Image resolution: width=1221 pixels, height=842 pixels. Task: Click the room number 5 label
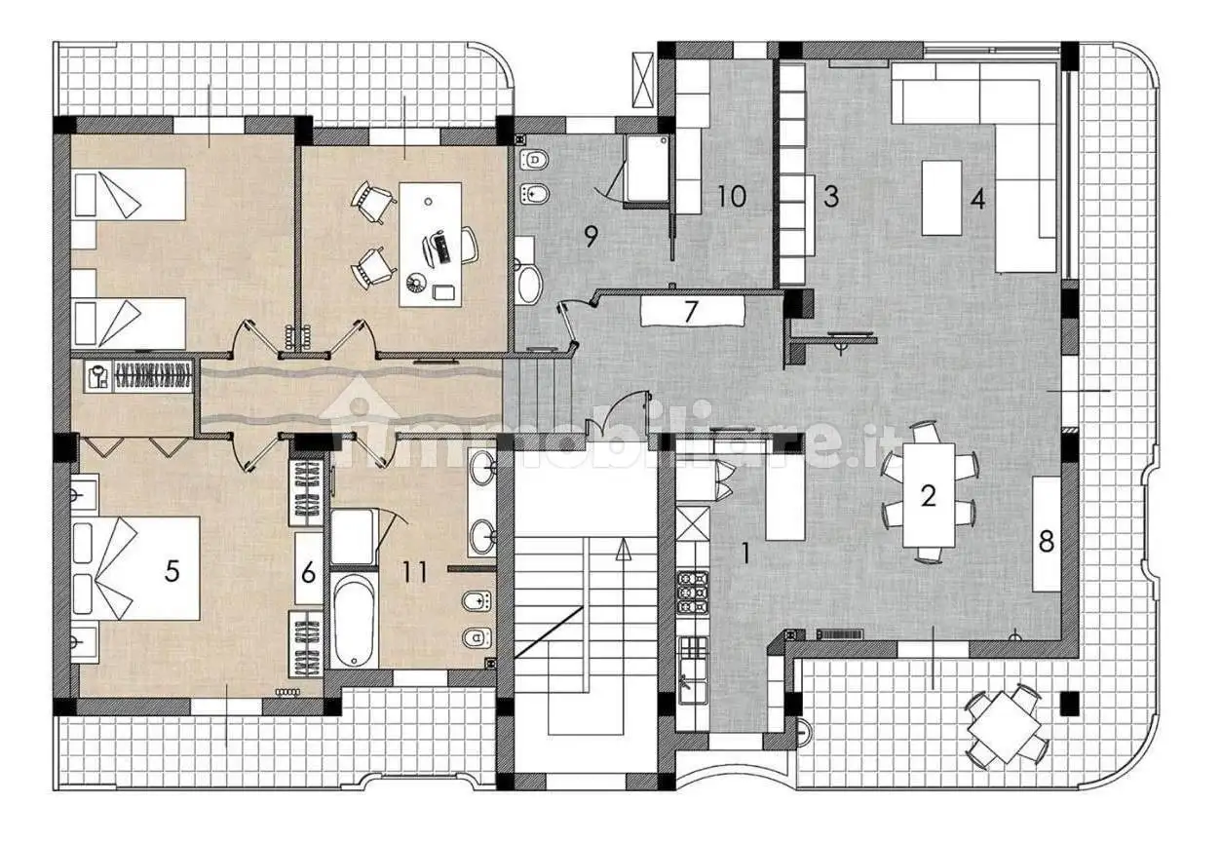tap(172, 571)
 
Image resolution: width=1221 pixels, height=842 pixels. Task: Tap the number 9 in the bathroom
tap(591, 237)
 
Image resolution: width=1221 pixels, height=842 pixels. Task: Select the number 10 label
tap(732, 196)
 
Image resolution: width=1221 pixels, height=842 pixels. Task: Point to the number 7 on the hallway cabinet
tap(691, 312)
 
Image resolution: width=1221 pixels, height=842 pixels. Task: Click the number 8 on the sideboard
tap(1046, 541)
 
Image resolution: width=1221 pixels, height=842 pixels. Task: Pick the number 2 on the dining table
tap(929, 495)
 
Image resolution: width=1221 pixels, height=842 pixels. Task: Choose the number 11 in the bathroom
tap(415, 572)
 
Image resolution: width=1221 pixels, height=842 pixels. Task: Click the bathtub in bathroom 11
tap(353, 620)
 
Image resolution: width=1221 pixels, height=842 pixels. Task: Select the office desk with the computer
tap(430, 245)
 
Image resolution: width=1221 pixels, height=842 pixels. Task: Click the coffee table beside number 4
tap(941, 198)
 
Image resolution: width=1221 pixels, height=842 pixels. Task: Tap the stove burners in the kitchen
tap(693, 592)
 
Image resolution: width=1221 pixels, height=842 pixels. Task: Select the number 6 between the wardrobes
tap(308, 573)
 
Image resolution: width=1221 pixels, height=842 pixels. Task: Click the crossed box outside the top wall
tap(643, 80)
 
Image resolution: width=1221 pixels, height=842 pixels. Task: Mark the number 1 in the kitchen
tap(746, 554)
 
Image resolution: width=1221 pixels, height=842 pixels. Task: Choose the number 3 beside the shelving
tap(830, 197)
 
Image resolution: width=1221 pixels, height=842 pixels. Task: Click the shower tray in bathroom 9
tap(648, 169)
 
